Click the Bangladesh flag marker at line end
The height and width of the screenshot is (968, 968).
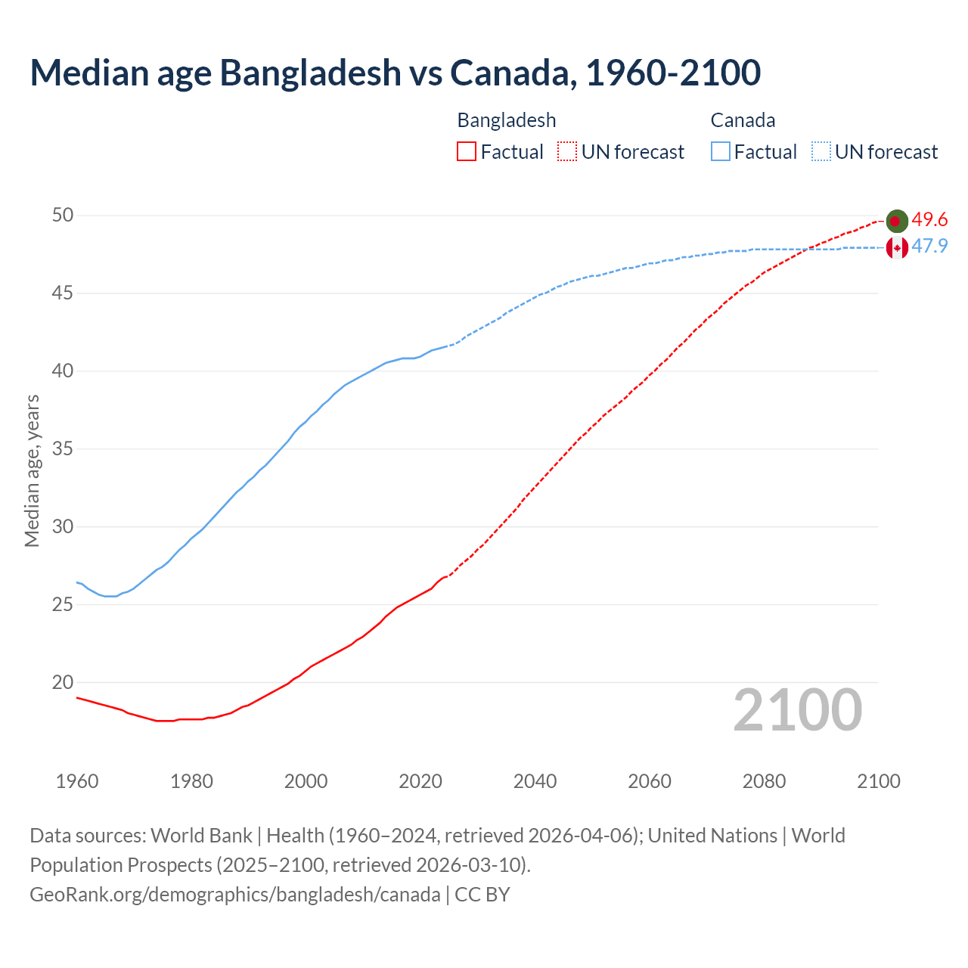click(x=896, y=221)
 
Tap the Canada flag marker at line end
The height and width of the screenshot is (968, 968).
click(x=896, y=247)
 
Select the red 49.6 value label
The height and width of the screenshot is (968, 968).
click(x=929, y=220)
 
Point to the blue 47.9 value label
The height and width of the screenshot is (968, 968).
click(x=929, y=247)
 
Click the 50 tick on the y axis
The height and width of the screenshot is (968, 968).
click(x=63, y=216)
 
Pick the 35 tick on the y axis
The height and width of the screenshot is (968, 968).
click(x=63, y=449)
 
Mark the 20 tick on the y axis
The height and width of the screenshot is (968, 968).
click(x=63, y=682)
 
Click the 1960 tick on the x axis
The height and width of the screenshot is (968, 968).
click(x=77, y=781)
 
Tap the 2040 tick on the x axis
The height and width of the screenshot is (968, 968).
click(x=535, y=781)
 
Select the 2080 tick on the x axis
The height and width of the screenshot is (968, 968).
click(x=764, y=781)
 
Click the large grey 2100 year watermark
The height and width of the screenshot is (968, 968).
click(x=797, y=709)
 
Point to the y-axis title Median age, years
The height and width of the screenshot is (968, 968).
click(x=32, y=470)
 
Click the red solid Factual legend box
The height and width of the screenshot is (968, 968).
click(x=467, y=152)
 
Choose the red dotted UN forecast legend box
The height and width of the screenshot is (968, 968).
click(x=567, y=152)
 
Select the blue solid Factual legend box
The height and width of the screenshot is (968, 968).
click(x=720, y=152)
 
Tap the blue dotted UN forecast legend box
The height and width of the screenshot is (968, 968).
click(x=821, y=152)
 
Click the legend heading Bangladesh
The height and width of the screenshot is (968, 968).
click(x=507, y=120)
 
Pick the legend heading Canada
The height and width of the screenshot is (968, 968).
click(x=743, y=120)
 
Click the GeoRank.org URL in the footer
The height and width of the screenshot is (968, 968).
click(x=234, y=895)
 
